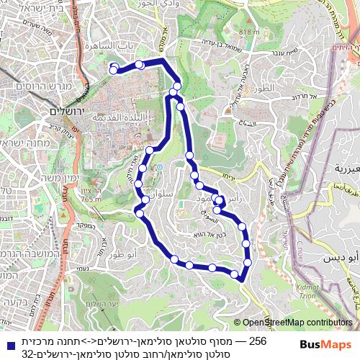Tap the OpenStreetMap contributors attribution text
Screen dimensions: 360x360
(x=298, y=323)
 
